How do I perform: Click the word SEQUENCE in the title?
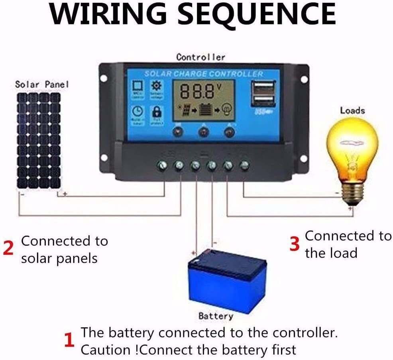click(x=257, y=14)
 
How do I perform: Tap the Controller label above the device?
click(x=201, y=57)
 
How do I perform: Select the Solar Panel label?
click(x=42, y=85)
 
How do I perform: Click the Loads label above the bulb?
click(x=352, y=110)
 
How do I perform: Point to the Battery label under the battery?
click(x=216, y=316)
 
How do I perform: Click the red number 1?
click(x=69, y=341)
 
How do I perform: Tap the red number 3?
click(x=294, y=244)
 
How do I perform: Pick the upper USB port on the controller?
click(x=263, y=87)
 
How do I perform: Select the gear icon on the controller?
click(x=155, y=86)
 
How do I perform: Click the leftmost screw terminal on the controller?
click(x=162, y=165)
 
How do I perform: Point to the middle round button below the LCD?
click(x=203, y=132)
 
